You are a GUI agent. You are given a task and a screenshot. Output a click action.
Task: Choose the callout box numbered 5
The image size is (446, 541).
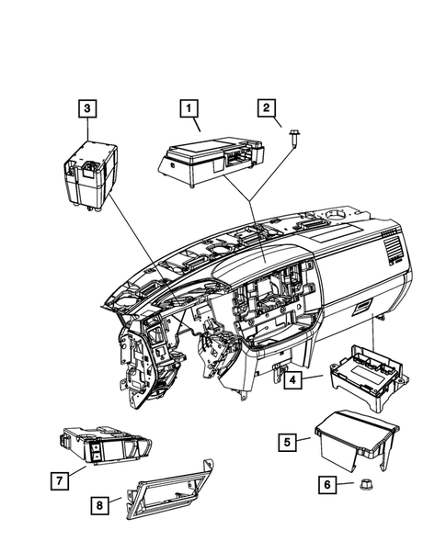point(288,443)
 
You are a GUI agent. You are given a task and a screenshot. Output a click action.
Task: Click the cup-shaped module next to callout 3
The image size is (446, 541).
point(87,175)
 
